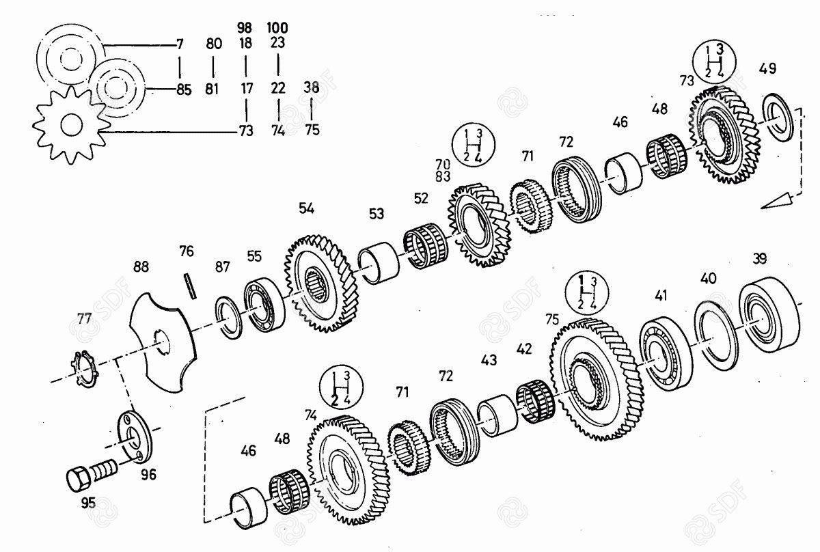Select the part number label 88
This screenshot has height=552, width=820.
point(141,267)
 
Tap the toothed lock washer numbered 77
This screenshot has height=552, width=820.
point(85,369)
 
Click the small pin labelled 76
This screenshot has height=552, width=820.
point(190,287)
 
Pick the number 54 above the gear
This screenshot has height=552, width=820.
point(306,208)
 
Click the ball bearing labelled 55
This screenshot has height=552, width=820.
point(264,305)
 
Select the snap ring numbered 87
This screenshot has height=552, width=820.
point(228,318)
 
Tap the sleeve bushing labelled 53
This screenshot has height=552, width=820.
point(379,262)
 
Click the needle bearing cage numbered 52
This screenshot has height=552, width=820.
point(425,246)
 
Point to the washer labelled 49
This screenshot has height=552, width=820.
point(778,117)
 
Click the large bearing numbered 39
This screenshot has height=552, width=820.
point(769,314)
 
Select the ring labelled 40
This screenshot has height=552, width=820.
point(716,335)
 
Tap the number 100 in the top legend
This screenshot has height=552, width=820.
point(277,28)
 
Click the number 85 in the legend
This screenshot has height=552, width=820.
point(184,89)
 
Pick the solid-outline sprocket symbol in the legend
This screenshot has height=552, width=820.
point(71,125)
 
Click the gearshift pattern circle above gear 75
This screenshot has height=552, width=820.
point(587,293)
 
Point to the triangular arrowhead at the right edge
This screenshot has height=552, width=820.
point(776,202)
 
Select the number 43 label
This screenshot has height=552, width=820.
point(489,360)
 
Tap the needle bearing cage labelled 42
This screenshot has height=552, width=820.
point(535,401)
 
